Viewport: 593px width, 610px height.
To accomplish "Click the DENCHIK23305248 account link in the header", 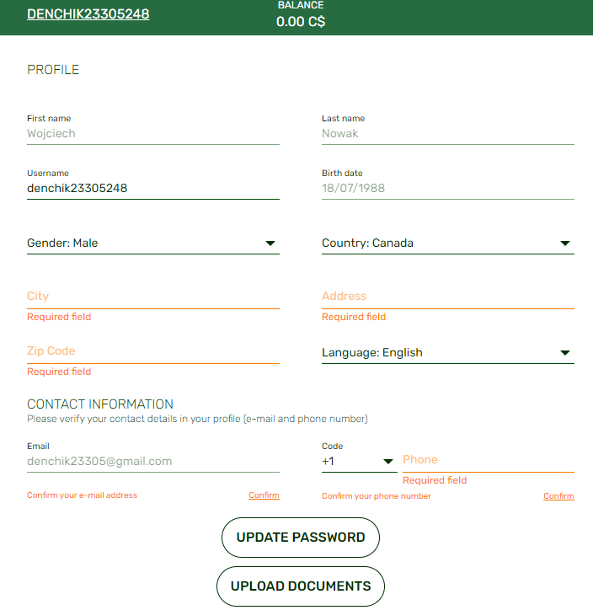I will (88, 14).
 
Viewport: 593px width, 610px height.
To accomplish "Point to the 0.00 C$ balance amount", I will (301, 22).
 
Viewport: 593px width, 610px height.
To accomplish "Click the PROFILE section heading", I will (53, 70).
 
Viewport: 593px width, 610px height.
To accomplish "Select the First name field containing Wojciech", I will (152, 133).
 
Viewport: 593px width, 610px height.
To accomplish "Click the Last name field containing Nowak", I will (447, 133).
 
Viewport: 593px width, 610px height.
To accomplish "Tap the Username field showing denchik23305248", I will (152, 188).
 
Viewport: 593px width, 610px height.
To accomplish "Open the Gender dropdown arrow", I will (270, 243).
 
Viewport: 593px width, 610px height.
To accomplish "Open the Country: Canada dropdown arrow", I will (565, 243).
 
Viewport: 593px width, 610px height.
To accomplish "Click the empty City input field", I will (152, 297).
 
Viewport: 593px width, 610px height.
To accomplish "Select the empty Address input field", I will (447, 297).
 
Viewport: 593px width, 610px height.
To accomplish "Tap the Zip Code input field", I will (152, 351).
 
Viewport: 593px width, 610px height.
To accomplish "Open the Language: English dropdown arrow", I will (565, 353).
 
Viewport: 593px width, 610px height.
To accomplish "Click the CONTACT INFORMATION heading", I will (100, 404).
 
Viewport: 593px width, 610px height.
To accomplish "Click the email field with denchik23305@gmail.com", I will (152, 461).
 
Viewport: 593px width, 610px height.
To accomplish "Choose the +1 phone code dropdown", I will (358, 461).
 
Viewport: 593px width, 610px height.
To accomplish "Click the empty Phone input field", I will (488, 460).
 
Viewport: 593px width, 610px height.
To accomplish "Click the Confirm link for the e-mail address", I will (264, 495).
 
